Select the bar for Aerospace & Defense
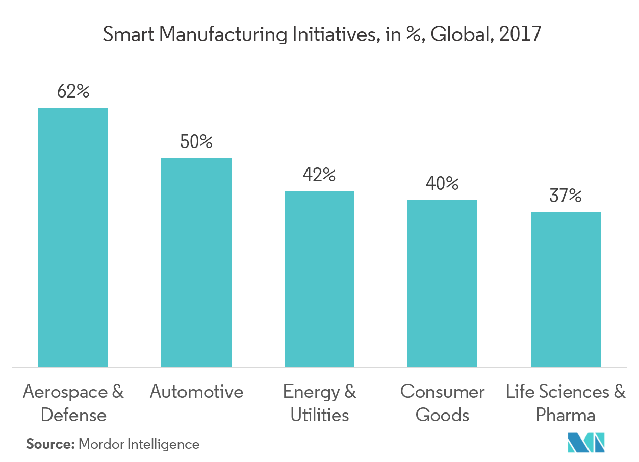[73, 237]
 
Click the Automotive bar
[196, 262]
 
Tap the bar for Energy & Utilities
[319, 279]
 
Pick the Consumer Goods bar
[442, 283]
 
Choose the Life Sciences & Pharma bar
[566, 289]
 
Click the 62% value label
[73, 92]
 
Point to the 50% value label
[196, 142]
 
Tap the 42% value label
[319, 176]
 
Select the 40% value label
[442, 184]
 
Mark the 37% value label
[566, 196]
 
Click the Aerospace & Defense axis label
[73, 403]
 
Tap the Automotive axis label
[196, 392]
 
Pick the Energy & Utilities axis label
[319, 403]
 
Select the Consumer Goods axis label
[442, 403]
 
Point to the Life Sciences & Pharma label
[566, 403]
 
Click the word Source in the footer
[49, 444]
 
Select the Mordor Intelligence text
[139, 444]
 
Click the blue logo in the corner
[586, 442]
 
